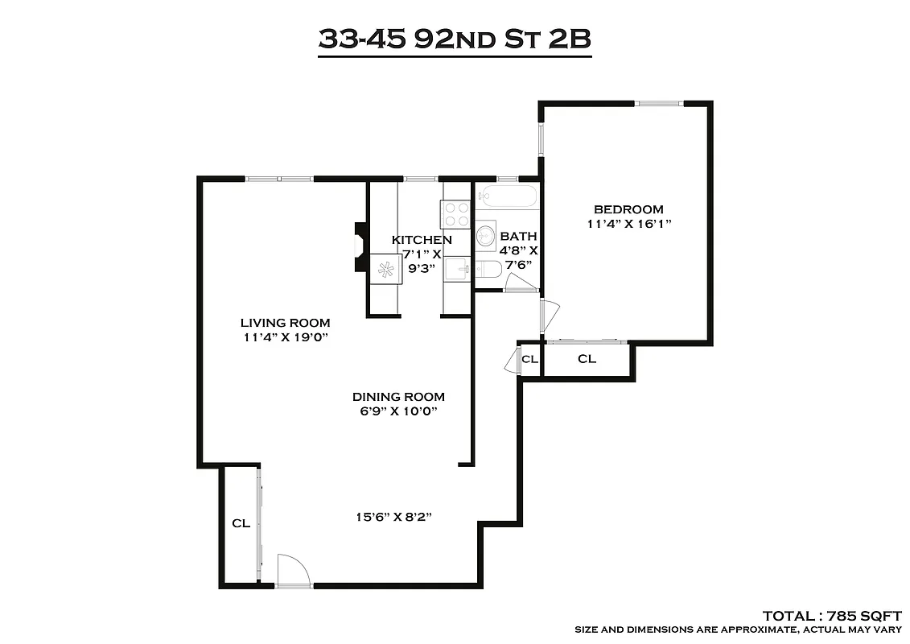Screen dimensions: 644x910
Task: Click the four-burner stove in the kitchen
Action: point(456,213)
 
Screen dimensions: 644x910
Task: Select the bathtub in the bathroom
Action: point(507,196)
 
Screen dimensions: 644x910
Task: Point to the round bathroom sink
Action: point(486,236)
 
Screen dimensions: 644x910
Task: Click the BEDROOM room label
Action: point(628,209)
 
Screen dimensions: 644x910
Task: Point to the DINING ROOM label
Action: point(398,397)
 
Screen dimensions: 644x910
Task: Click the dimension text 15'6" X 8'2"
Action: point(393,517)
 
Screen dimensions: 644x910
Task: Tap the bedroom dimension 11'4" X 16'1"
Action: point(628,225)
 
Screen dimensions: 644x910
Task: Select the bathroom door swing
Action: point(520,283)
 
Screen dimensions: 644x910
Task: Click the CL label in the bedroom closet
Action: point(587,359)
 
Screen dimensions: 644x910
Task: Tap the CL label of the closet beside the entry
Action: point(241,523)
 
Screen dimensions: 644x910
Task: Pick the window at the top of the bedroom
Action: point(659,103)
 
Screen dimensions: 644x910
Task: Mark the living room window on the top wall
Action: point(279,179)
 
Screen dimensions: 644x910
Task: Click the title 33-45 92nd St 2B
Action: point(455,39)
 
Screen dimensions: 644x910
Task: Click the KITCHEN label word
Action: point(422,240)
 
